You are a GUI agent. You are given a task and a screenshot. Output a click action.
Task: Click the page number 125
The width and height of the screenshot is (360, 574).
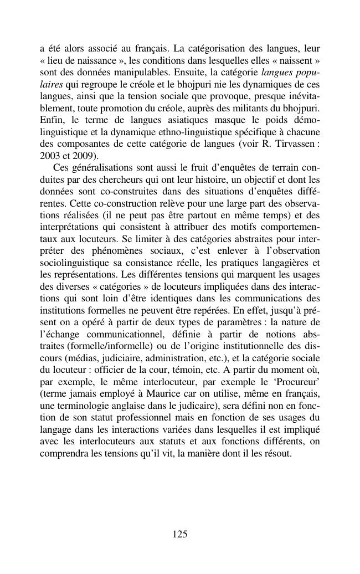(180, 534)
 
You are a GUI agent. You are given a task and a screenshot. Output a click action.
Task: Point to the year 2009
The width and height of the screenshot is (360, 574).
(83, 156)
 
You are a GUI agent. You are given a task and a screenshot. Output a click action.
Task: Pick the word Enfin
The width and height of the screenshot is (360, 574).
(52, 120)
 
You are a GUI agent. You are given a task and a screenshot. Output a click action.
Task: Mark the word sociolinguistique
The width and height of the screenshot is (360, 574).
(78, 263)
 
